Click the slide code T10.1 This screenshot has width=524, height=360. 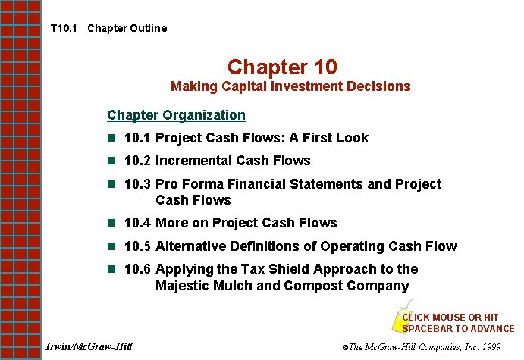click(x=63, y=29)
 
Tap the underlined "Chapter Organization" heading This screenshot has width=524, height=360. click(x=176, y=115)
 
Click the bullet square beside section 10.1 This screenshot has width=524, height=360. click(x=111, y=138)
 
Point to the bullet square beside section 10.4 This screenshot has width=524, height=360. click(x=111, y=223)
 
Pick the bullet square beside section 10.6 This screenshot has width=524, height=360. click(x=111, y=269)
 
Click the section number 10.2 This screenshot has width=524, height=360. click(x=138, y=161)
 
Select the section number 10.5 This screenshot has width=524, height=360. click(x=138, y=246)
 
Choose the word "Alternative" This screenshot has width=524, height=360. click(x=193, y=246)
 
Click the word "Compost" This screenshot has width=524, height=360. click(x=312, y=286)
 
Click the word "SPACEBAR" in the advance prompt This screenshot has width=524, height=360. click(x=428, y=328)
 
